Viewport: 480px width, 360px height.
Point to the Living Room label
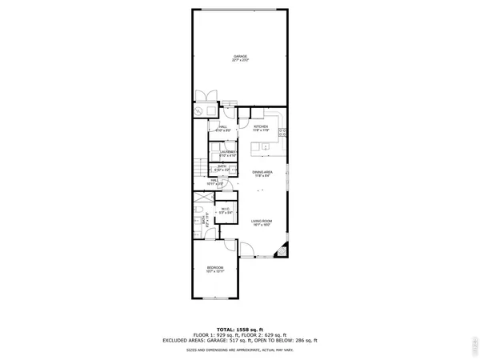pos(262,223)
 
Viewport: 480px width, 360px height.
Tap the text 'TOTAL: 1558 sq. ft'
pos(240,330)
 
